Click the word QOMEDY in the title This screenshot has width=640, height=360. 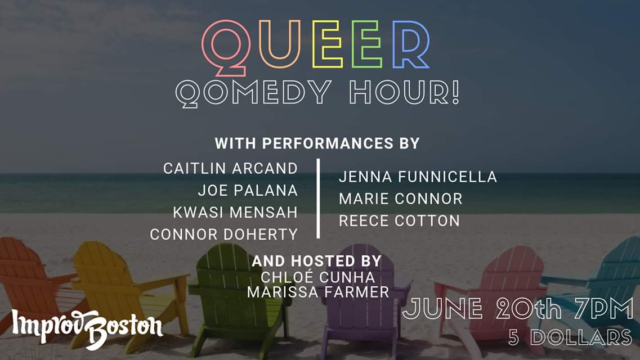click(x=253, y=93)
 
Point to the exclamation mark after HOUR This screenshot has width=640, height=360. click(x=455, y=92)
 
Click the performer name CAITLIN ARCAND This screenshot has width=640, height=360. click(x=230, y=168)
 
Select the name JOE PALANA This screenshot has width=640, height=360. click(x=248, y=190)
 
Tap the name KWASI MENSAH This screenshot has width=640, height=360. click(x=235, y=213)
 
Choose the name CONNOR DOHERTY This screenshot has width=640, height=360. click(x=223, y=235)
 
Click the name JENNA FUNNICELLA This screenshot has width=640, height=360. click(x=418, y=177)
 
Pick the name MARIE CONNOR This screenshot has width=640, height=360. click(x=400, y=199)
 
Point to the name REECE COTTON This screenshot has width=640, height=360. click(x=399, y=220)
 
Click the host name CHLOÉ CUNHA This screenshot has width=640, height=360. click(x=318, y=277)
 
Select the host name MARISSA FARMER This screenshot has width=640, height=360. click(x=318, y=292)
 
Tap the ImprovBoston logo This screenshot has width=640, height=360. click(x=87, y=328)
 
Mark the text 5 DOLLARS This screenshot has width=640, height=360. click(x=571, y=337)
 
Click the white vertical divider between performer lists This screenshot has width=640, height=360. click(x=318, y=198)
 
